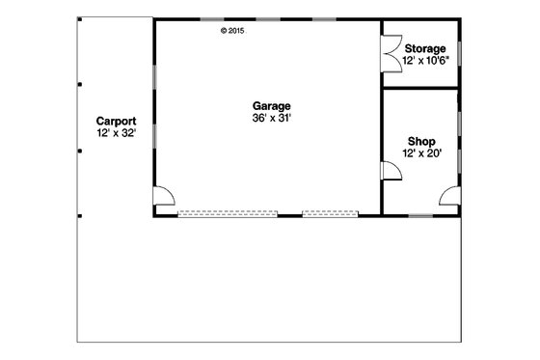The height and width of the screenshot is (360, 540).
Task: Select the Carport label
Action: tap(115, 123)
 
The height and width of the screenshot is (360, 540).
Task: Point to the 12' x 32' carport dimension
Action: tap(115, 134)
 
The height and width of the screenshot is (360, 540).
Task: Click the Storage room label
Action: tap(425, 48)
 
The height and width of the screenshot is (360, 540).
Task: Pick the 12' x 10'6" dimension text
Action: tap(425, 60)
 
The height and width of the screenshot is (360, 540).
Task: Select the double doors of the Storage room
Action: tap(391, 51)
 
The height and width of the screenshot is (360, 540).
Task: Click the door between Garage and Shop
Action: tap(391, 172)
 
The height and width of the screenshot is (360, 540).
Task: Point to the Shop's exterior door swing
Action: tap(448, 197)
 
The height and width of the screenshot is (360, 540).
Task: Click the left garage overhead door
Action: tap(213, 213)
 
